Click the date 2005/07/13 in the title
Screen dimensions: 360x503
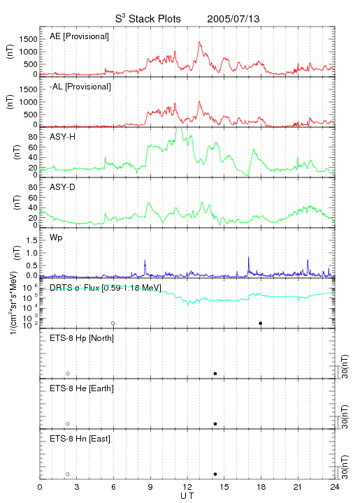(x=233, y=19)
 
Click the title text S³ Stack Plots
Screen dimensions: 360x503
(x=148, y=18)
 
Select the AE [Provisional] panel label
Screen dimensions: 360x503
(x=79, y=36)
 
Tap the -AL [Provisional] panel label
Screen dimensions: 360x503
(x=80, y=87)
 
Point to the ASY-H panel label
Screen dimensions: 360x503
(x=63, y=137)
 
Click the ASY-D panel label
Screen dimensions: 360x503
(x=63, y=187)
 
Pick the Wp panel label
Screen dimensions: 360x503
(x=56, y=238)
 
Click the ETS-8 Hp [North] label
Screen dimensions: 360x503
(x=82, y=338)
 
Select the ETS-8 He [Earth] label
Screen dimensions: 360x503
(x=82, y=388)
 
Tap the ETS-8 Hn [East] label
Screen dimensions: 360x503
(x=80, y=439)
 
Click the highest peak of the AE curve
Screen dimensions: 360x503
(x=199, y=42)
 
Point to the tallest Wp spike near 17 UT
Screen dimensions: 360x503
(x=248, y=257)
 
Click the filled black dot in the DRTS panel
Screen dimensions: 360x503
(x=261, y=323)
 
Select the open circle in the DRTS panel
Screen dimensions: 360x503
(x=113, y=323)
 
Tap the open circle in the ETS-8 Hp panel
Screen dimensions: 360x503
(x=68, y=373)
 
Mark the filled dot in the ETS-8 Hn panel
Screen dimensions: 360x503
(x=215, y=474)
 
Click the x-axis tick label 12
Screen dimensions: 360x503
(x=187, y=487)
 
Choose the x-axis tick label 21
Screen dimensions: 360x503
(x=298, y=487)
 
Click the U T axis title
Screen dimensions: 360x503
(x=187, y=495)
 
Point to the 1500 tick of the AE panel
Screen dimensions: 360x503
(x=28, y=39)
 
